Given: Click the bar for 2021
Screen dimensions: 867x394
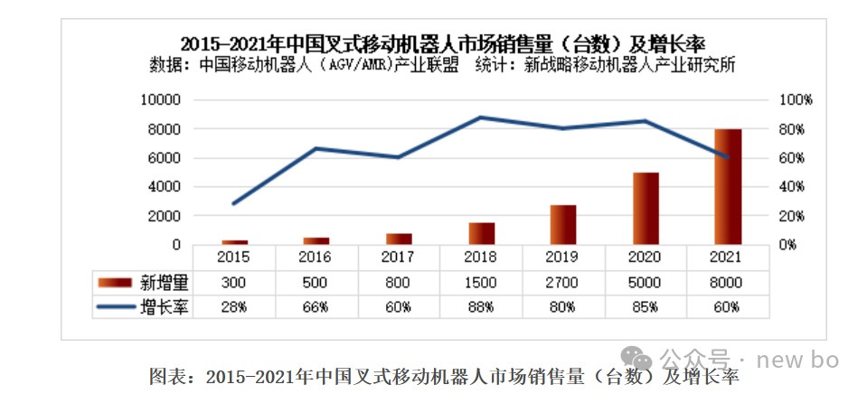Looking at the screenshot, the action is (728, 187).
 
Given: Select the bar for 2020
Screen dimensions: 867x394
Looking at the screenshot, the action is (646, 209).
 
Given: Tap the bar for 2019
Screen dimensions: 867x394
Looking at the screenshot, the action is (563, 225).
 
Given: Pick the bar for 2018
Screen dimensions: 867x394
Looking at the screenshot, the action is (482, 234).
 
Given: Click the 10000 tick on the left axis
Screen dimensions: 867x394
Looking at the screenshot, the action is (161, 100).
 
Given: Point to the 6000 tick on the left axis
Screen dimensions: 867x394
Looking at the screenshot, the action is (164, 158).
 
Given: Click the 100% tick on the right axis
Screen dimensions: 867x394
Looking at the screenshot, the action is (796, 100).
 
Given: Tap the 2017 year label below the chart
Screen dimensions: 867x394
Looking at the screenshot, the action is (398, 257).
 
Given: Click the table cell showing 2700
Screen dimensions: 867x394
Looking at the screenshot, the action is (562, 283).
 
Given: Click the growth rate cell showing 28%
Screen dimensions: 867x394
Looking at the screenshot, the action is (234, 306).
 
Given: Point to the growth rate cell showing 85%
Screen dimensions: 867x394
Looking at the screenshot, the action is (645, 306).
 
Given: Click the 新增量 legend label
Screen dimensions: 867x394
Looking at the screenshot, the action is (165, 283).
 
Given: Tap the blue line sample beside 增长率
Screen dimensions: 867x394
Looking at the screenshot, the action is (116, 306).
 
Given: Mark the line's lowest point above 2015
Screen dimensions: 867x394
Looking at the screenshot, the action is (234, 204).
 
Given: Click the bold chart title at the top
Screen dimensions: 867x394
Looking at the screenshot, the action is (444, 45).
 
